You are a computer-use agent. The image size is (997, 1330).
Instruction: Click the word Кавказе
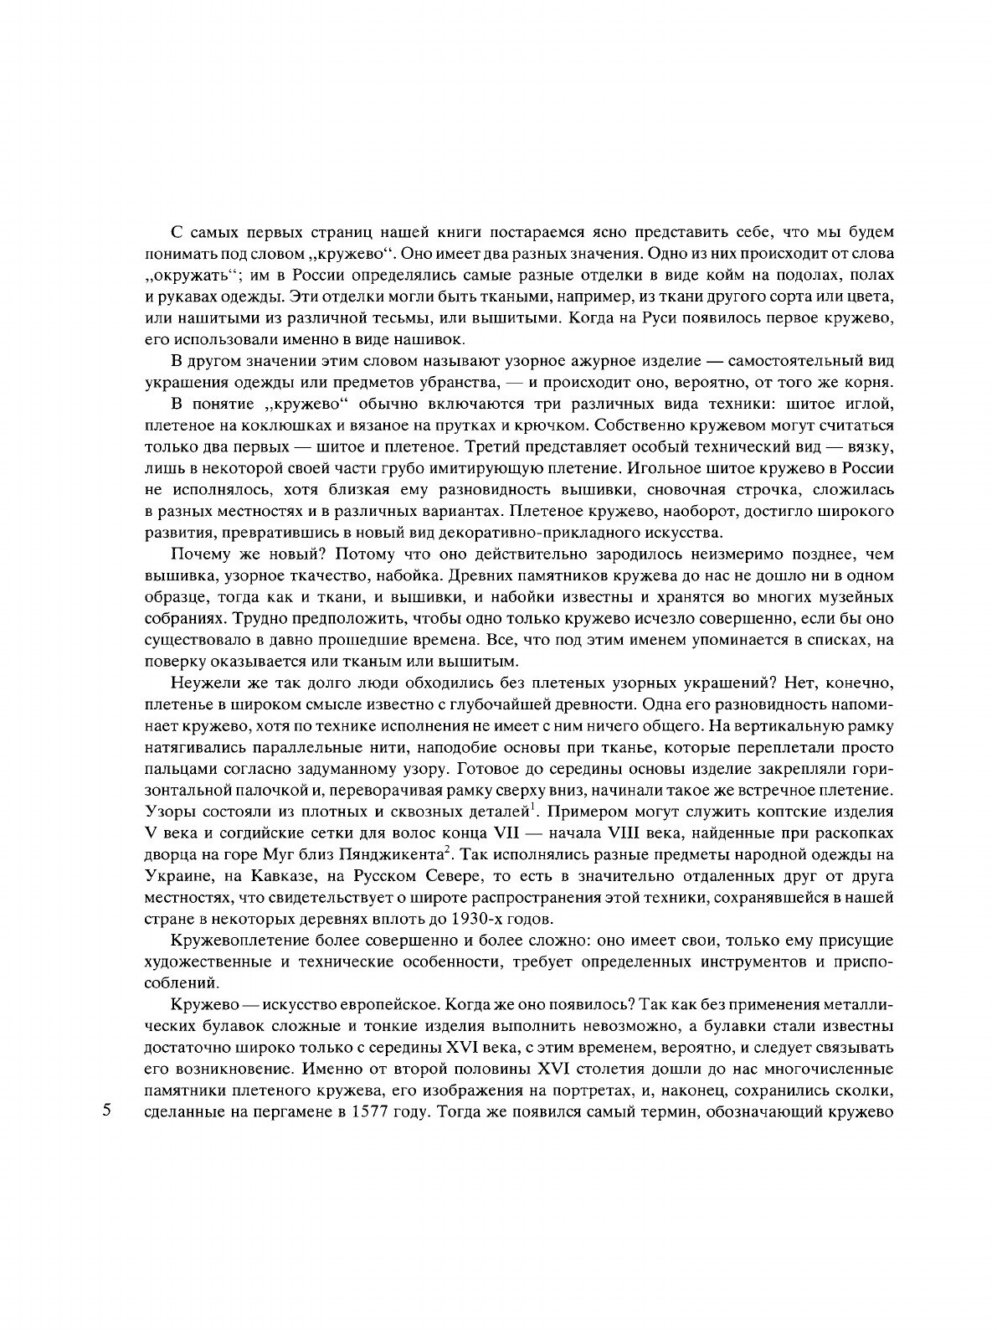pyautogui.click(x=283, y=877)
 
